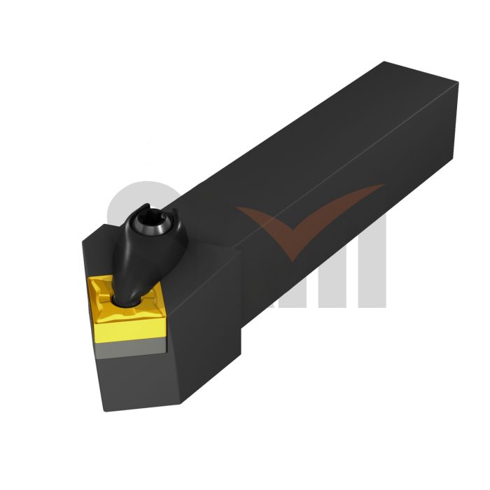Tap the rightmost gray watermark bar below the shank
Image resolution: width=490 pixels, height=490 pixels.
[374, 280]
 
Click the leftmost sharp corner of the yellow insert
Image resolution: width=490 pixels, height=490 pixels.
[89, 279]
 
